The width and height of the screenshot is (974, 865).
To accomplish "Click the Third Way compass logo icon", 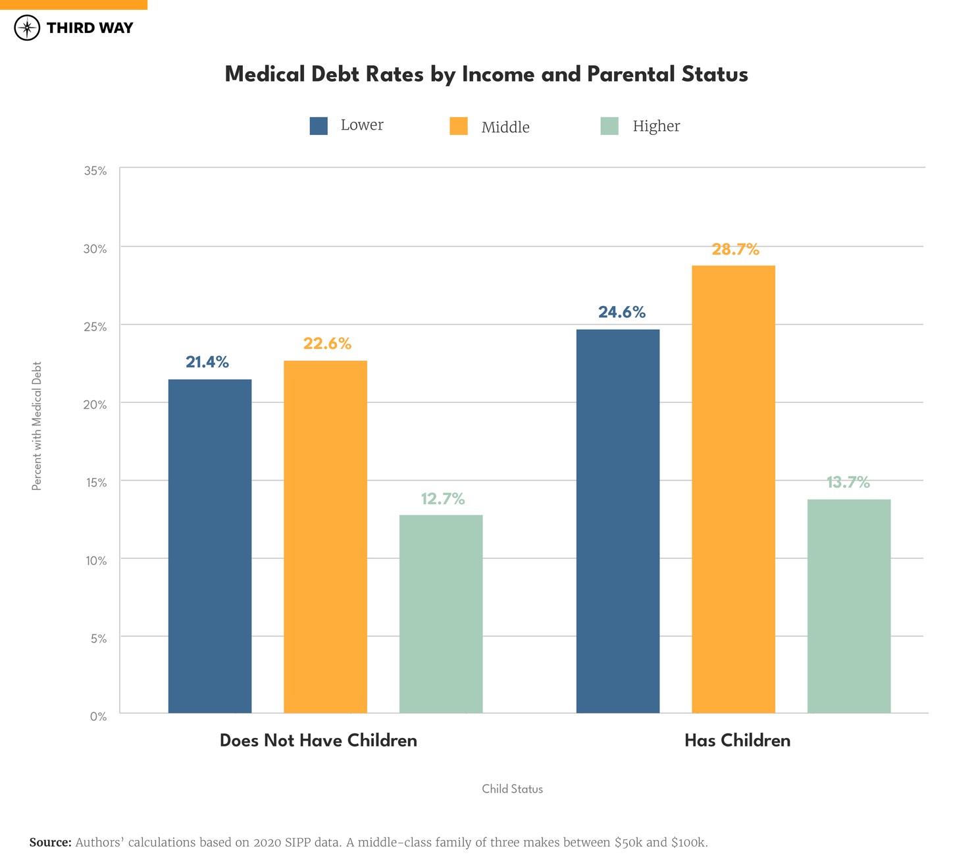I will (27, 28).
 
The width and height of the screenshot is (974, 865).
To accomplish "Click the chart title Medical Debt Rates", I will (486, 74).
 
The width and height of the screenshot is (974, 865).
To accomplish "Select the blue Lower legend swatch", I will (319, 126).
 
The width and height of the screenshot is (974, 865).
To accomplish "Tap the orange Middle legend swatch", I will (459, 126).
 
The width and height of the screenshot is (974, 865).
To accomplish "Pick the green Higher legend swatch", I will (609, 126).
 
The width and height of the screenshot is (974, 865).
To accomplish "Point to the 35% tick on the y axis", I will (95, 171).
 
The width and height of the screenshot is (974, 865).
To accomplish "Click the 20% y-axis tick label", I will (95, 405).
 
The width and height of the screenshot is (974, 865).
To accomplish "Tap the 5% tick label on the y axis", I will (98, 639).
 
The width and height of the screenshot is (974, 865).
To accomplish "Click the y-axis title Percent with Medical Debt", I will (37, 426).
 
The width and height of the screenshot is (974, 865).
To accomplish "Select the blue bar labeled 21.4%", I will (210, 546).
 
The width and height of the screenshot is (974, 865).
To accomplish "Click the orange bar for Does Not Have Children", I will (325, 537).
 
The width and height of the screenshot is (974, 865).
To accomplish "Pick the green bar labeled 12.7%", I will (441, 614).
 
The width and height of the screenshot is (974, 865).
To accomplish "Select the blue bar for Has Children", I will (618, 521).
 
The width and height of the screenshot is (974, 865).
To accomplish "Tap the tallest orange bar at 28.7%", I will (733, 489).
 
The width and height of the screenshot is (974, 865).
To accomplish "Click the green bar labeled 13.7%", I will (849, 606).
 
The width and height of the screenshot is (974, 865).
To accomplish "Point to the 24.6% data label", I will (621, 312).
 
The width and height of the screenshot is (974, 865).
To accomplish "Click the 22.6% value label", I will (327, 344).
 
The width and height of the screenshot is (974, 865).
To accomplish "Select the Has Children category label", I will (737, 741).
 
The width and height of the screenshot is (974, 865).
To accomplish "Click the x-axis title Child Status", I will (512, 789).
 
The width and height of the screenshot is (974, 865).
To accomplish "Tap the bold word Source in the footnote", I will (50, 843).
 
